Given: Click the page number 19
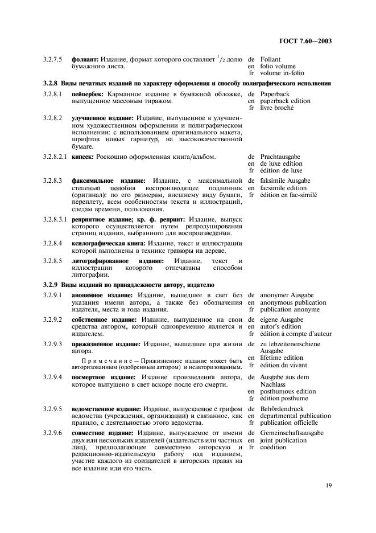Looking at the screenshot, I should tap(328, 485).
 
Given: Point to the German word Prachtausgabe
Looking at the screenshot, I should tap(280, 156).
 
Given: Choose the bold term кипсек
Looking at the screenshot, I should tap(82, 156).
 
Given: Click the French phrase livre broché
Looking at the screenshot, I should tap(277, 108).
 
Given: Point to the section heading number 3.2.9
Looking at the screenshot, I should tap(51, 284).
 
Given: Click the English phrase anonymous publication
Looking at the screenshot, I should tap(294, 302).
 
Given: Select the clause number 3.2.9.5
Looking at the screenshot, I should tap(52, 409).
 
